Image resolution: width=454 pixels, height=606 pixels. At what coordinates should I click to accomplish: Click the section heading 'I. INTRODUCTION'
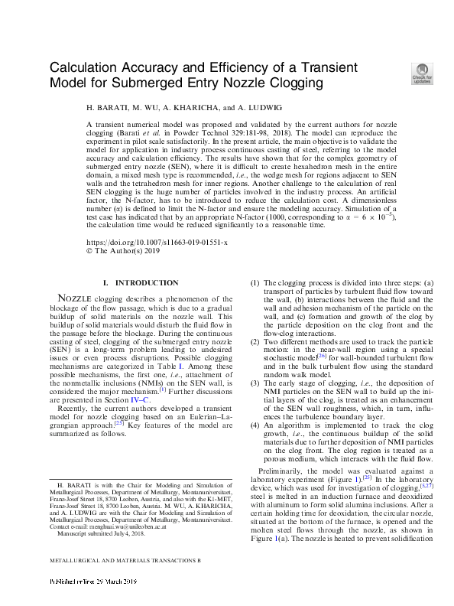[141, 283]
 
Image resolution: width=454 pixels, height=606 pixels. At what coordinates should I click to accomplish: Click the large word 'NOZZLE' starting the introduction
[77, 298]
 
